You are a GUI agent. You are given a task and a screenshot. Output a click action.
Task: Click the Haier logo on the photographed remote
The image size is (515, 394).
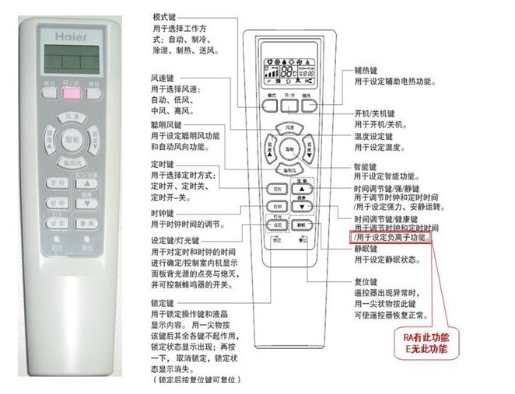[71, 35]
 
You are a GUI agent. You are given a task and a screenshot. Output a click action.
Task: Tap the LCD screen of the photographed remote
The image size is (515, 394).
[71, 57]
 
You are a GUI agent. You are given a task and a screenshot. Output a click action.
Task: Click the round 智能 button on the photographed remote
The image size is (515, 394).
[72, 139]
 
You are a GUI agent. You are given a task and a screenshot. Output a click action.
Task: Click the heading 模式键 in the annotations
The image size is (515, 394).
[163, 16]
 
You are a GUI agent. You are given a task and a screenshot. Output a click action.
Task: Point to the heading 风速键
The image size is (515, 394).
[162, 77]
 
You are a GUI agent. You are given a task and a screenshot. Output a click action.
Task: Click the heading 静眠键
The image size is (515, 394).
[366, 249]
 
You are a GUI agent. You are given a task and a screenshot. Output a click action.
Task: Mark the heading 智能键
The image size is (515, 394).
[366, 166]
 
